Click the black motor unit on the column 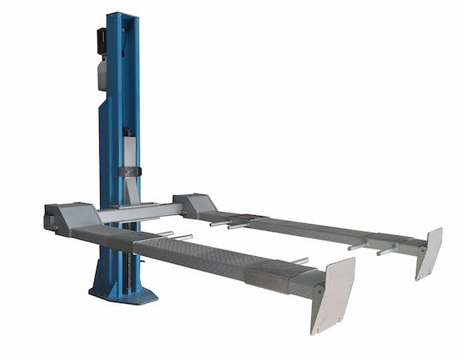(x=102, y=42)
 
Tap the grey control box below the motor (x=102, y=75)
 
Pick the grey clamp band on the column (x=130, y=171)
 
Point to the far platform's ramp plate (x=429, y=252)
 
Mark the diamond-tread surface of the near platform (x=184, y=254)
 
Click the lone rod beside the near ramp (x=299, y=261)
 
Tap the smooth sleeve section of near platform (x=272, y=277)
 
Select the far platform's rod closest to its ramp (x=385, y=250)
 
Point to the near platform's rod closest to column (x=163, y=234)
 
